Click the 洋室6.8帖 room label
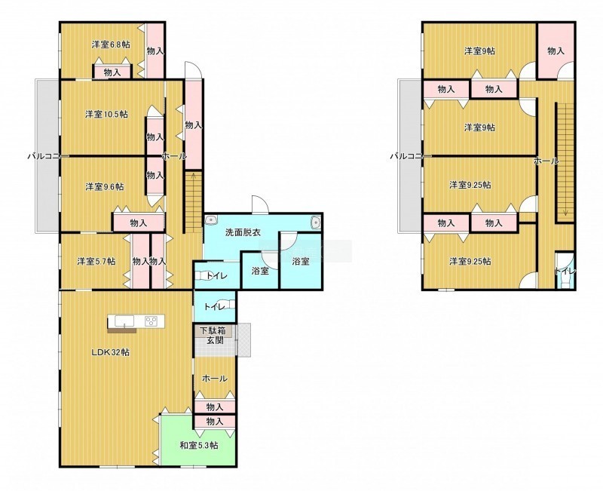[x=111, y=44]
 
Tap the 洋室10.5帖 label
[x=106, y=115]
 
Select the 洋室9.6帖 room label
[x=105, y=187]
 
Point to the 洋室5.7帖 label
[x=96, y=262]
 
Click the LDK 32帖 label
[x=110, y=352]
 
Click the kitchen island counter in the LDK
[x=136, y=321]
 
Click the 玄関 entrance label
[x=216, y=341]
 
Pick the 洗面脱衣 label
[x=243, y=232]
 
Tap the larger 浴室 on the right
[x=301, y=260]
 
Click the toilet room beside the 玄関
[x=214, y=307]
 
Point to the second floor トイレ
[x=565, y=270]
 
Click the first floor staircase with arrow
[x=194, y=202]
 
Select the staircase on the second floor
[x=565, y=161]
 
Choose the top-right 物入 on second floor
[x=556, y=51]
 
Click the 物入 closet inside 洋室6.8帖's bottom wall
[x=112, y=72]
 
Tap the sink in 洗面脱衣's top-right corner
[x=316, y=222]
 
